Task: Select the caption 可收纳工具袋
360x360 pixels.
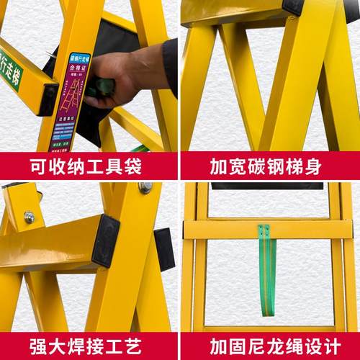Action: click(x=88, y=166)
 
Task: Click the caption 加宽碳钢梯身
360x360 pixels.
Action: click(x=269, y=166)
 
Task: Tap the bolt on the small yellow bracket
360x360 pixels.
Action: click(x=29, y=216)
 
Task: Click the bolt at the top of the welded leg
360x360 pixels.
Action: click(x=145, y=187)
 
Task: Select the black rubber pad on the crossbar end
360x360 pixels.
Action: click(x=106, y=240)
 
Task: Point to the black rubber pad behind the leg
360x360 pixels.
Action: click(x=164, y=248)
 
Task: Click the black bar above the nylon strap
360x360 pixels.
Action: click(x=267, y=186)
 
